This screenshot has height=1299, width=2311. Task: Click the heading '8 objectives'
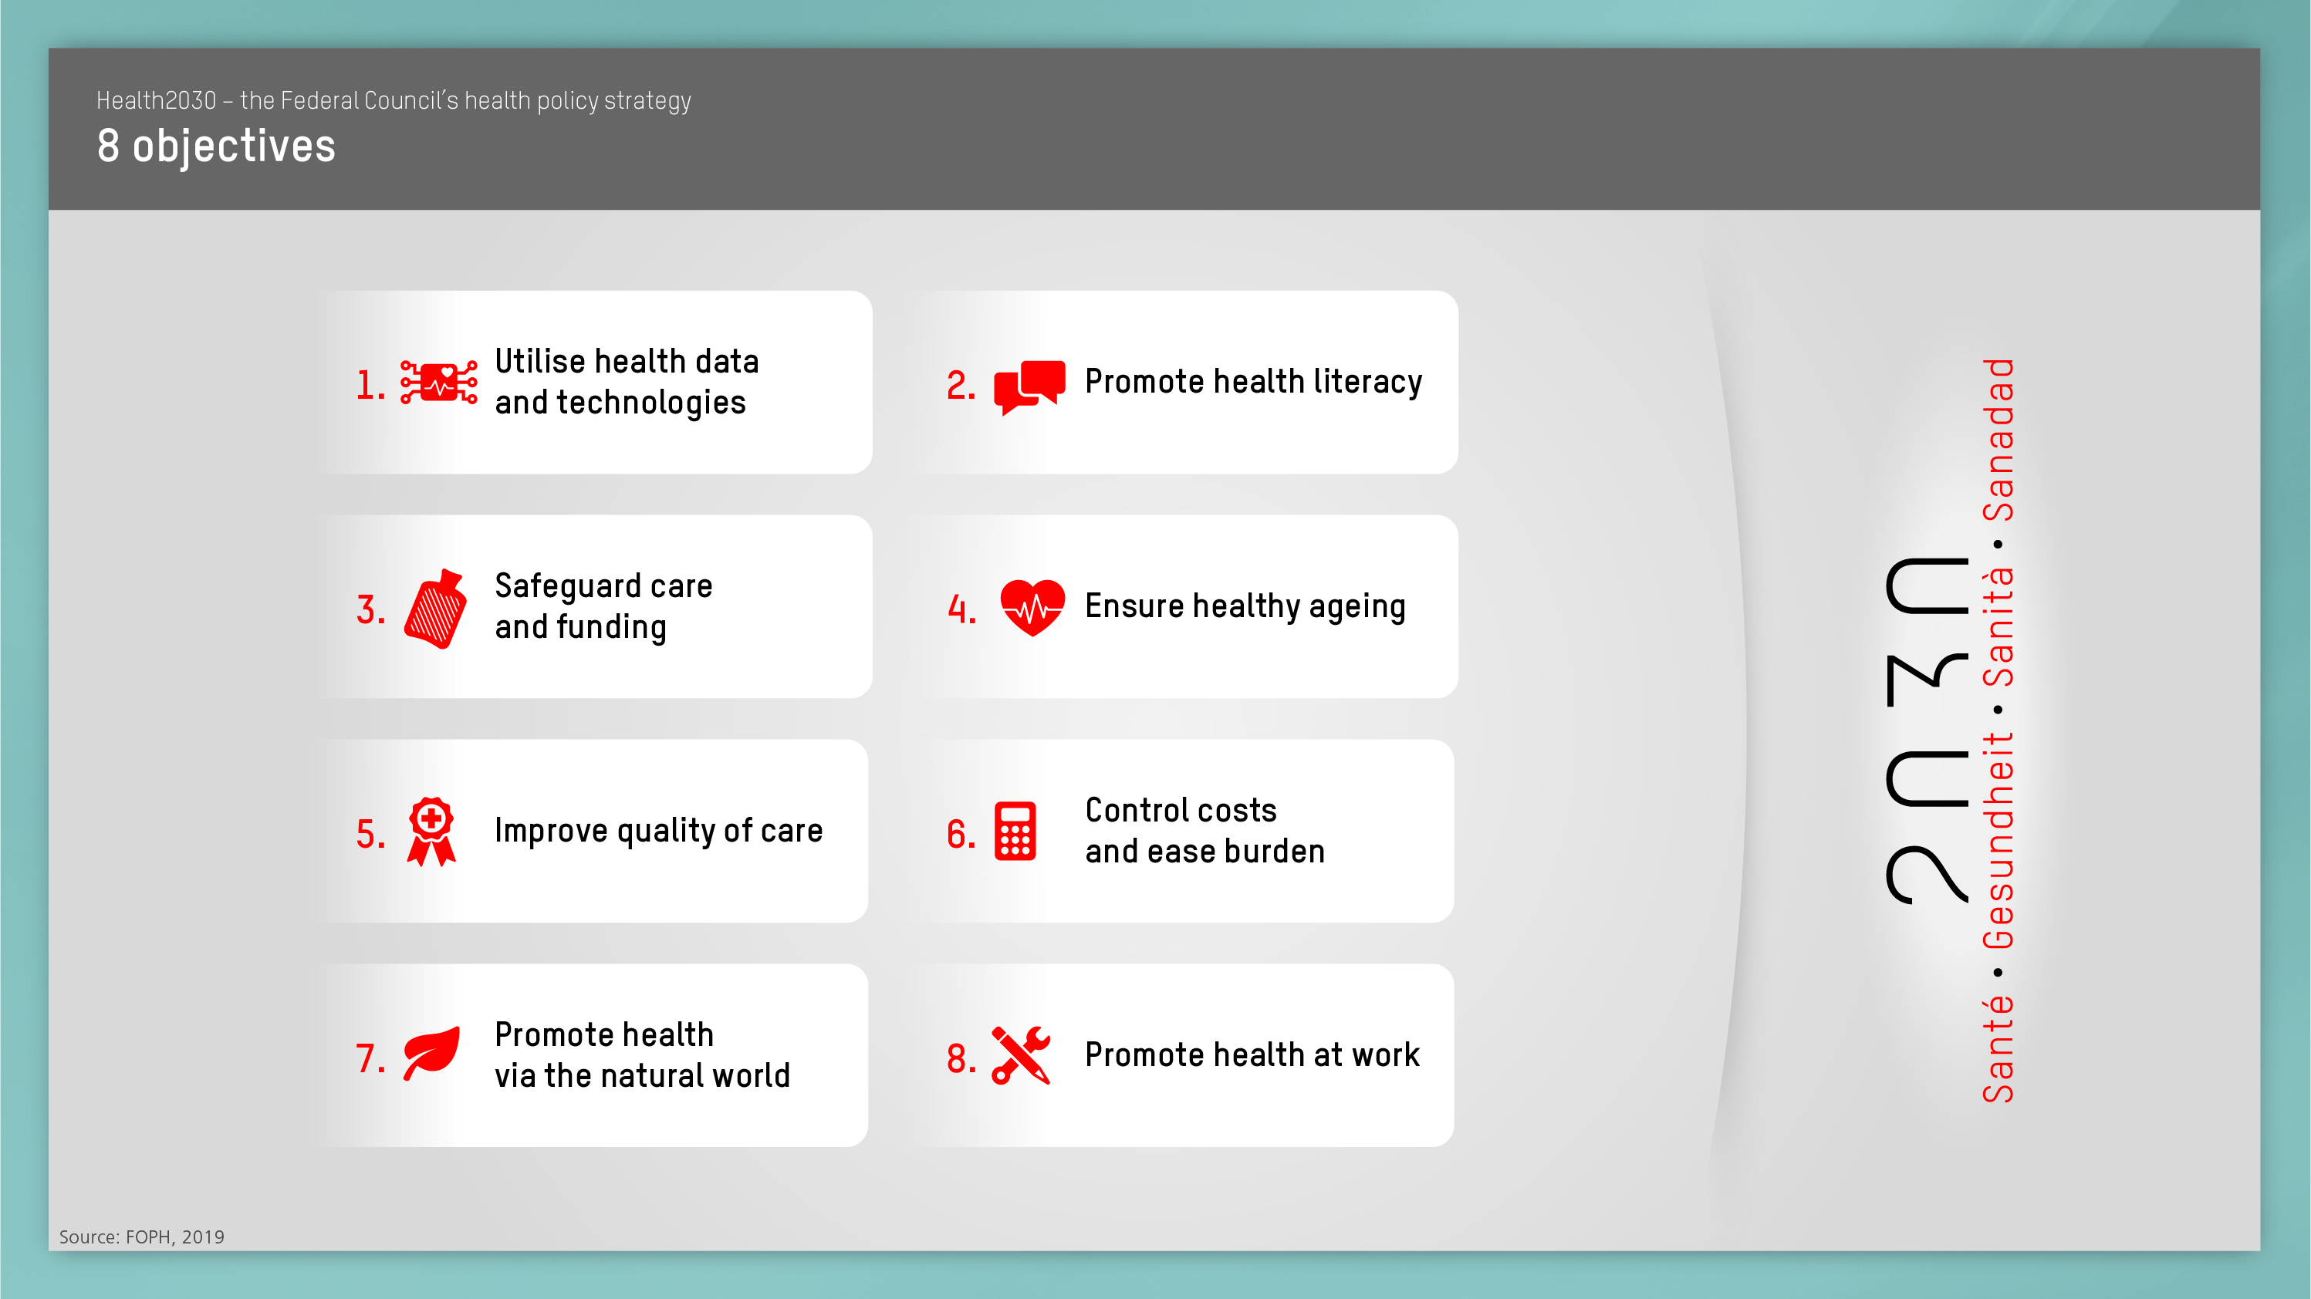click(216, 147)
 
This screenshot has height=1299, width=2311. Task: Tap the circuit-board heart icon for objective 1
click(439, 383)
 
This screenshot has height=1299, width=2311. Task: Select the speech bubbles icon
click(1030, 386)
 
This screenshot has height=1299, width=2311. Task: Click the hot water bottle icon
click(436, 609)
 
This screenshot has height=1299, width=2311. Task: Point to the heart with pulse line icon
click(1032, 607)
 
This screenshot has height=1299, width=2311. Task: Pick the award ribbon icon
click(431, 832)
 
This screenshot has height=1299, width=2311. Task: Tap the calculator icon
click(1015, 832)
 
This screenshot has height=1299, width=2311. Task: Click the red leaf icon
click(431, 1052)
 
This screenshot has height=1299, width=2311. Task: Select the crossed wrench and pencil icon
click(1021, 1055)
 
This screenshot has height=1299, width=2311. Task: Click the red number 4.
click(961, 610)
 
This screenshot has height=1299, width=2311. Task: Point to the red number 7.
click(370, 1058)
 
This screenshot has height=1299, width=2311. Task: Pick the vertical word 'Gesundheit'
click(1998, 841)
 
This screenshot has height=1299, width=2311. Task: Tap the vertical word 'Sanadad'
click(1998, 440)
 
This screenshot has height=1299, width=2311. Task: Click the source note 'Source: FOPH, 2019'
click(142, 1237)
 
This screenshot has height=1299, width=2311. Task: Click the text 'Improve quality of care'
click(658, 832)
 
